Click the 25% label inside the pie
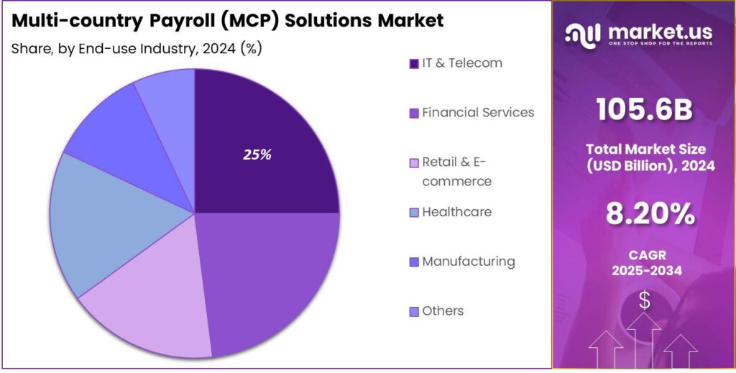tap(257, 155)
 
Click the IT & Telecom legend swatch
tap(413, 64)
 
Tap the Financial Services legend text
tap(478, 113)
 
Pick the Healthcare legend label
tap(457, 212)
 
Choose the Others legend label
tap(443, 311)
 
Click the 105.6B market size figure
tap(644, 110)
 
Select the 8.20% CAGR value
tap(644, 213)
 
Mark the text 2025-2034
tap(644, 270)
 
